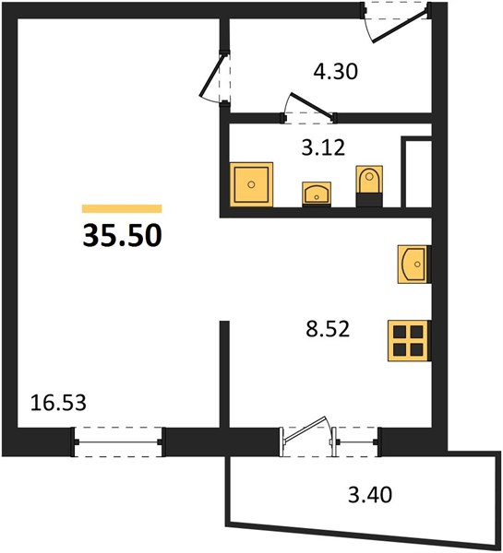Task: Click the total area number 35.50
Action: click(x=122, y=236)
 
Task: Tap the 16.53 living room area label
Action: click(x=58, y=403)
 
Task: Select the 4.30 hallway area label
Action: click(x=336, y=71)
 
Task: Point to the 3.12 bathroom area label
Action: click(x=323, y=147)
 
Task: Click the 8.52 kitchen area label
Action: click(x=328, y=329)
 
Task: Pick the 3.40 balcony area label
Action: click(x=370, y=494)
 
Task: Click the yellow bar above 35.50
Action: click(x=122, y=209)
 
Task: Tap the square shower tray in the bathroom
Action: click(x=251, y=184)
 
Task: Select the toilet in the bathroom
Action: click(x=369, y=186)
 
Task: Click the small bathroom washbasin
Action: click(x=317, y=194)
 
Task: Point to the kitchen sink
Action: click(x=414, y=265)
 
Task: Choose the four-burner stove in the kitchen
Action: click(x=409, y=341)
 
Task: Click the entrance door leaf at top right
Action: click(x=401, y=26)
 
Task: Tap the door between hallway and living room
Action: click(x=211, y=75)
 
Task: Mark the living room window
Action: click(x=118, y=441)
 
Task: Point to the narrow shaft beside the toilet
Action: click(x=418, y=173)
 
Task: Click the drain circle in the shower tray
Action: click(x=251, y=184)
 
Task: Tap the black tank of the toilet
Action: click(x=369, y=200)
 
